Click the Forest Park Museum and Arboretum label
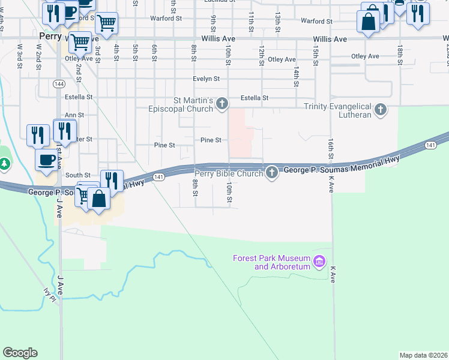click(x=271, y=262)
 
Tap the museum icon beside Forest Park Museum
click(x=319, y=262)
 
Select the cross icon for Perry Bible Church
click(x=272, y=173)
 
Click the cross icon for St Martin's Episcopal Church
click(x=222, y=104)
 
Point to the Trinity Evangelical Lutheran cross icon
click(x=380, y=110)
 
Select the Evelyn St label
click(x=206, y=79)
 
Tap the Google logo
click(x=20, y=353)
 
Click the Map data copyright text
click(x=423, y=355)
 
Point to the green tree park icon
click(x=5, y=163)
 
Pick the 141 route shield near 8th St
click(x=158, y=176)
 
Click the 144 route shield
click(x=59, y=83)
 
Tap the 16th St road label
click(x=331, y=149)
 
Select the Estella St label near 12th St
click(x=254, y=98)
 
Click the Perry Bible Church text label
click(x=228, y=173)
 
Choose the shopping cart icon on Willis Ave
click(x=79, y=43)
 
